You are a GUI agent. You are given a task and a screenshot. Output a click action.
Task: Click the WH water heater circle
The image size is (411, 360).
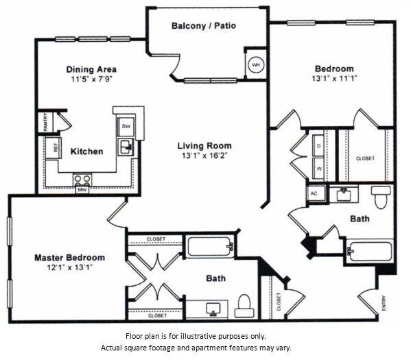pyautogui.click(x=255, y=64)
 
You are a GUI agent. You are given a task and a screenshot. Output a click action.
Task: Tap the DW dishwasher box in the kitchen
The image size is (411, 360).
pyautogui.click(x=126, y=127)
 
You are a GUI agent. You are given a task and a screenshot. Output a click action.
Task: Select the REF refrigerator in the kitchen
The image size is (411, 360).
pyautogui.click(x=54, y=148)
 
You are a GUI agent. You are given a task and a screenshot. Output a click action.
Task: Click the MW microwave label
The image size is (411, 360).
pyautogui.click(x=82, y=190)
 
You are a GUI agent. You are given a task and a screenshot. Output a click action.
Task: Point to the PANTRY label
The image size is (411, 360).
pyautogui.click(x=45, y=122)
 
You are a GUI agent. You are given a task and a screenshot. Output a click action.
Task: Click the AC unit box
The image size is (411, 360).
pyautogui.click(x=316, y=193)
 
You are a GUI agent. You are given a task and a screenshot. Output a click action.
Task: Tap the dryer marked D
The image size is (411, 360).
pyautogui.click(x=318, y=145)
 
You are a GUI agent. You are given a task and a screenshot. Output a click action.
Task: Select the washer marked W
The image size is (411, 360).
pyautogui.click(x=318, y=169)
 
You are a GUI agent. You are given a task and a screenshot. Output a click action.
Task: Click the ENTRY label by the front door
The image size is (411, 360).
pyautogui.click(x=384, y=303)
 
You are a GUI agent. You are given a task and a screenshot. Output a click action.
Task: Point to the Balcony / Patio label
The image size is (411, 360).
pyautogui.click(x=204, y=25)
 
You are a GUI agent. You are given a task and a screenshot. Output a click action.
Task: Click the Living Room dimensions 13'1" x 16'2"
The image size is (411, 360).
pyautogui.click(x=204, y=156)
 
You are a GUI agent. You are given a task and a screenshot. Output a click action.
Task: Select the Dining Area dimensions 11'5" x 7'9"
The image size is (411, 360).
pyautogui.click(x=91, y=79)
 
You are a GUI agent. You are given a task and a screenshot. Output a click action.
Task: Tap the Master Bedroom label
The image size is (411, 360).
pyautogui.click(x=70, y=258)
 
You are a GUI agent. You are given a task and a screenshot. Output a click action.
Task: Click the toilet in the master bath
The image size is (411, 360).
pyautogui.click(x=244, y=306)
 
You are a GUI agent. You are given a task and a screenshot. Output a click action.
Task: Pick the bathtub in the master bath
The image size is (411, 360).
pyautogui.click(x=209, y=246)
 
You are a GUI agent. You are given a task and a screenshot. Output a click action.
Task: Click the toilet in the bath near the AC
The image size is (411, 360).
pyautogui.click(x=381, y=197)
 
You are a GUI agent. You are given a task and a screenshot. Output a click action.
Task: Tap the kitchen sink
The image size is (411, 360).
pyautogui.click(x=126, y=147)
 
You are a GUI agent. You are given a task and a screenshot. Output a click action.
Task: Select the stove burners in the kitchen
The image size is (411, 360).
pyautogui.click(x=82, y=180)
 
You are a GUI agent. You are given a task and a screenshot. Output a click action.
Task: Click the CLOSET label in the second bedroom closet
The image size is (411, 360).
pyautogui.click(x=366, y=158)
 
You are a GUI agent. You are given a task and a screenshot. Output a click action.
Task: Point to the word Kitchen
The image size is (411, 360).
pyautogui.click(x=86, y=152)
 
